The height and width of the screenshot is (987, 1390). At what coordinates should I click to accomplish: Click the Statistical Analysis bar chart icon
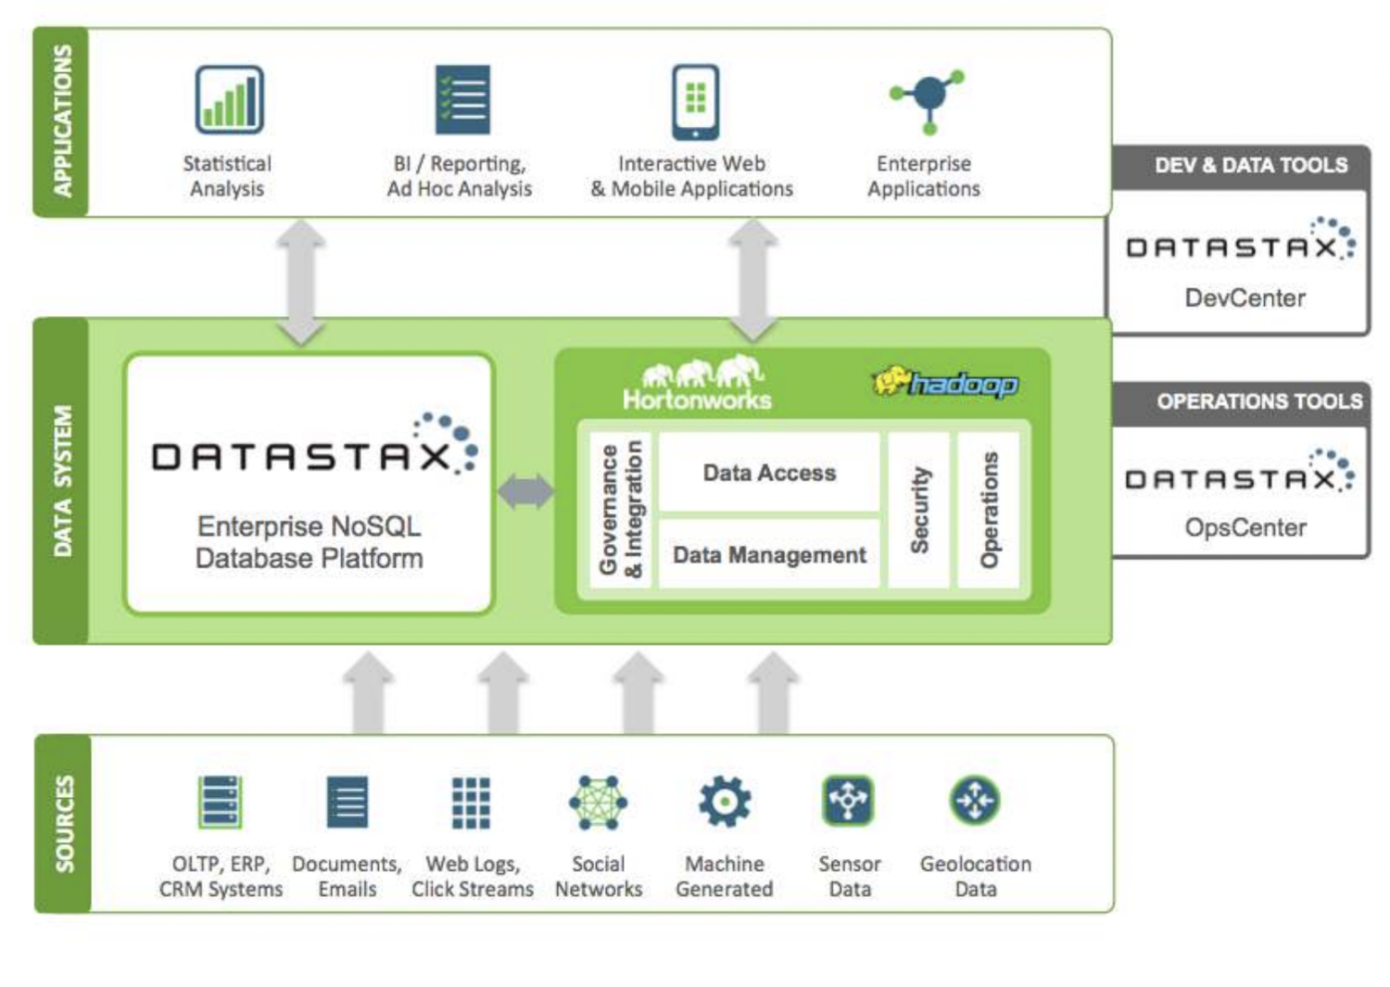(229, 99)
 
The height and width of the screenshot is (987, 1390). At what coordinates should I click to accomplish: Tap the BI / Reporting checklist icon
(462, 99)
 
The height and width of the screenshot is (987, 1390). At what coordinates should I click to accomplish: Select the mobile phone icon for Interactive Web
(695, 101)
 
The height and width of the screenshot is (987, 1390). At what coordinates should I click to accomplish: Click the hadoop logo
(945, 382)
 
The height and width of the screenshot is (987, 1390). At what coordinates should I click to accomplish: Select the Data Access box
(769, 473)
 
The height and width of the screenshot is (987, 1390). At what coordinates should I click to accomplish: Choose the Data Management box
(769, 554)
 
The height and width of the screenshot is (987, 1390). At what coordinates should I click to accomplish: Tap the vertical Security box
(918, 510)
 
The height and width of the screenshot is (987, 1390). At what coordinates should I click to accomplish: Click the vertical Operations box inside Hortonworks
(989, 510)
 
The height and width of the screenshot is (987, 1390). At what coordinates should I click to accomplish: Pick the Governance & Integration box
(621, 510)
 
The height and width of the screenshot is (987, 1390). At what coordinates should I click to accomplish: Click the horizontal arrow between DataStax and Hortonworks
(525, 491)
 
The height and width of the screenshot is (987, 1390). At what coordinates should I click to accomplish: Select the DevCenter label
(1245, 297)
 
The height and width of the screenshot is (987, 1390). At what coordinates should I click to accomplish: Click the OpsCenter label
(1245, 527)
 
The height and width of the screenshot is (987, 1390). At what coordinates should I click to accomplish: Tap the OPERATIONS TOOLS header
(1258, 401)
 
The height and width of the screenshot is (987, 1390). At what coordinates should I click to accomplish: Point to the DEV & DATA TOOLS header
(1250, 166)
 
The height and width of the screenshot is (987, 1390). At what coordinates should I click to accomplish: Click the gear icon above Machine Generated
(725, 801)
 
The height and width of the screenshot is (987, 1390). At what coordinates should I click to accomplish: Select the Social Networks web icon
(598, 802)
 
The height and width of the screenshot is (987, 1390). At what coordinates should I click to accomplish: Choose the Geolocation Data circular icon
(975, 800)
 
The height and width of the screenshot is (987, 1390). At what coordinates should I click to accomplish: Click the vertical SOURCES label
(63, 823)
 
